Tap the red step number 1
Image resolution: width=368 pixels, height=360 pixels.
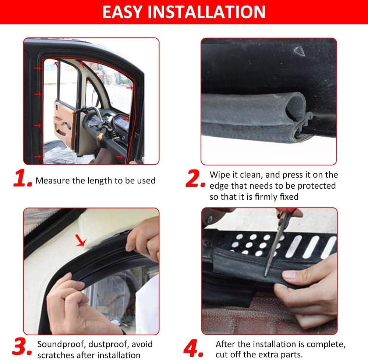pyautogui.click(x=22, y=179)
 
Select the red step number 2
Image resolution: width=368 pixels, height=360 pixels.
pyautogui.click(x=195, y=179)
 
